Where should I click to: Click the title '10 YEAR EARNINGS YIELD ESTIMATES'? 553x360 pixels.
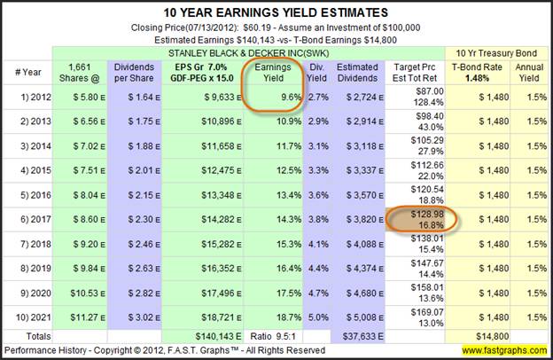(276, 12)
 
